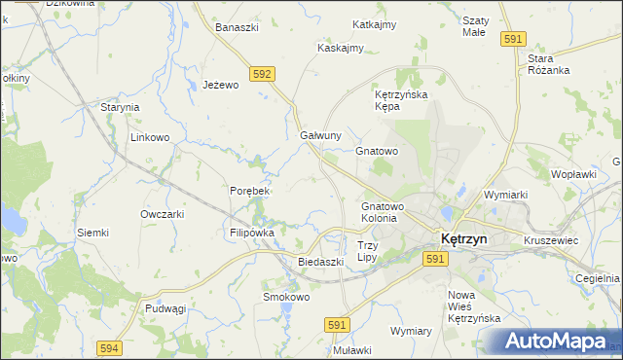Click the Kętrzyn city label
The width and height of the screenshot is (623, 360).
(470, 238)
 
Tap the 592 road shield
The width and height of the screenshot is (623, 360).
(261, 73)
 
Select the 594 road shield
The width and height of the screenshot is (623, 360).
(110, 347)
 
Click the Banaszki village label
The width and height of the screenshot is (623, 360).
(237, 27)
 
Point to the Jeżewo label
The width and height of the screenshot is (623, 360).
(220, 86)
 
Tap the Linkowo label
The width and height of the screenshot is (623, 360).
(151, 138)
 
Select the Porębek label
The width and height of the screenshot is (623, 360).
(249, 191)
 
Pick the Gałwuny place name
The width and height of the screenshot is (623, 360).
(320, 135)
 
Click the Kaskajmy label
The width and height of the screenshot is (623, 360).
(341, 48)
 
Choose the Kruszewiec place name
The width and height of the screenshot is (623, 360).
(551, 238)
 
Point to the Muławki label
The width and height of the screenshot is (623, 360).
(352, 350)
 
